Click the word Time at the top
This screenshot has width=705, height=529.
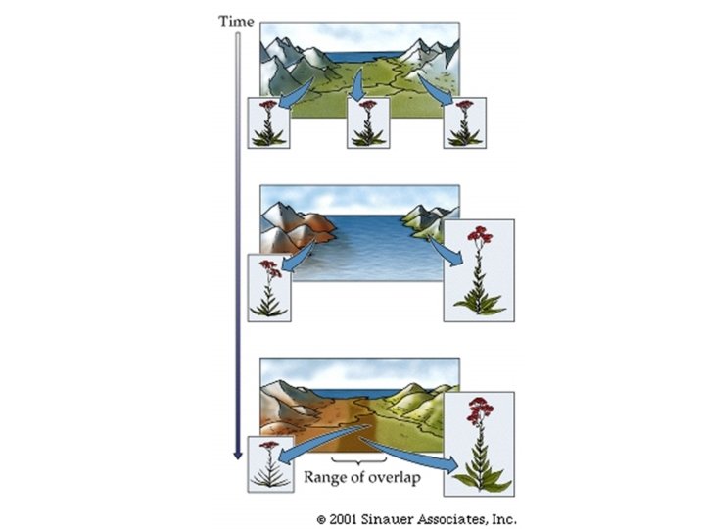[236, 20]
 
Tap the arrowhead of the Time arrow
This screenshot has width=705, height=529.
[236, 453]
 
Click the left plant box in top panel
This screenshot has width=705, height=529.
[267, 123]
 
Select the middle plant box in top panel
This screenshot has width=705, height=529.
[366, 123]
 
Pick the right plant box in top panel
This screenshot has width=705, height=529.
[463, 123]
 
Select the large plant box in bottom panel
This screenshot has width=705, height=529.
[479, 444]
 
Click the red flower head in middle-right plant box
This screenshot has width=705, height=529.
[479, 236]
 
